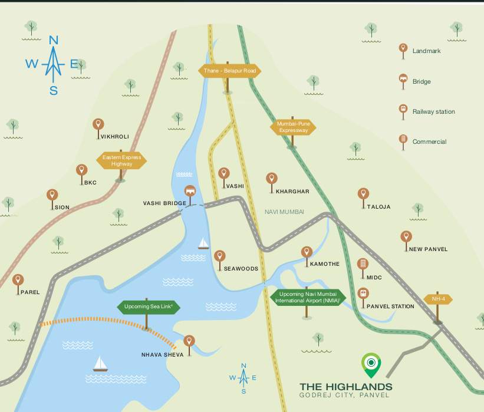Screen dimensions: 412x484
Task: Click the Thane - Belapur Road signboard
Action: tap(229, 71)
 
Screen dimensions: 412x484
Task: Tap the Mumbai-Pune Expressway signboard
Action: tap(293, 127)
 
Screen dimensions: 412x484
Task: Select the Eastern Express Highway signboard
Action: tap(121, 160)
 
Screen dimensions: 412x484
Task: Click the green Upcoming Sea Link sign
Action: tap(148, 306)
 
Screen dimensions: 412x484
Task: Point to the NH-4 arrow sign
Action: tap(437, 299)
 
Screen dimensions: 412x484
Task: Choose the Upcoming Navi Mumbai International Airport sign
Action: tap(307, 297)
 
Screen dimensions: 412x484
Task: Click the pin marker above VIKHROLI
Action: tap(98, 124)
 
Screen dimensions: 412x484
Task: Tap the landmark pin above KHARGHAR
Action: tap(271, 178)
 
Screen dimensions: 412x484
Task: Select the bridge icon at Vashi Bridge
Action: tap(190, 191)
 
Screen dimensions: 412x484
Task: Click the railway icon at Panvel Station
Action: tap(363, 292)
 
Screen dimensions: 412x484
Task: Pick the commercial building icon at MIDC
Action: tap(363, 263)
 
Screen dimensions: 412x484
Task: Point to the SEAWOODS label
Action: tap(241, 269)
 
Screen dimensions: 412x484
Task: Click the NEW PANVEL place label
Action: tap(428, 249)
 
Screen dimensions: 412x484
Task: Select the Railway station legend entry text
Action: tap(433, 111)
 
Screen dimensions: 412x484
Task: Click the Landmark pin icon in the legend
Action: tap(403, 49)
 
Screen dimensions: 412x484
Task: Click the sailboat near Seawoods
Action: tap(203, 243)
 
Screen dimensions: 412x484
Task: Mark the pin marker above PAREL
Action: tap(18, 281)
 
